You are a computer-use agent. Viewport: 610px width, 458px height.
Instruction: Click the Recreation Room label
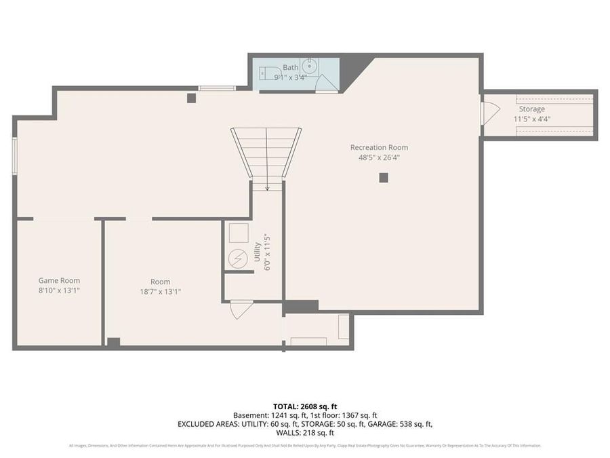tap(379, 147)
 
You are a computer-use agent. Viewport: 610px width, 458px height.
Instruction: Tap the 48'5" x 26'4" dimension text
tap(379, 157)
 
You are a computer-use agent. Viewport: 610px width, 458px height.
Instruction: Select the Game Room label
tap(59, 280)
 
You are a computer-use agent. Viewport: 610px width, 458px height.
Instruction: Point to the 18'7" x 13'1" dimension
tap(160, 292)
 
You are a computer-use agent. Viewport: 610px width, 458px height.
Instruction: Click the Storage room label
tap(531, 109)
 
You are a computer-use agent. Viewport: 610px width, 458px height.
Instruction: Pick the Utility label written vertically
tap(257, 252)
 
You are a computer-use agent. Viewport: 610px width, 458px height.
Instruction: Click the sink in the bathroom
tap(309, 66)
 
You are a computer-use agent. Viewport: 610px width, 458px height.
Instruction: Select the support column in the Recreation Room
tap(384, 178)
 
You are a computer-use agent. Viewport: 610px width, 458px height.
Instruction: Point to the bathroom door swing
tap(326, 83)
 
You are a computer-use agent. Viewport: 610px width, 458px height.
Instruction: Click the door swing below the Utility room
tap(241, 309)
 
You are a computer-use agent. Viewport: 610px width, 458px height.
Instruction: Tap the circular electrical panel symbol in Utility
tap(238, 259)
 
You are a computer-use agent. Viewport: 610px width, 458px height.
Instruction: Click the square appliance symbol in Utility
tap(239, 233)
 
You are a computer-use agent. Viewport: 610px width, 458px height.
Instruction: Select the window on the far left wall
tap(14, 156)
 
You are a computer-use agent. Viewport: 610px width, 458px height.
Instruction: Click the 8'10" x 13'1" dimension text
tap(59, 290)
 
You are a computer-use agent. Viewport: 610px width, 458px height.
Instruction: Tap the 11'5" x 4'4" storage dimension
tap(531, 119)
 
